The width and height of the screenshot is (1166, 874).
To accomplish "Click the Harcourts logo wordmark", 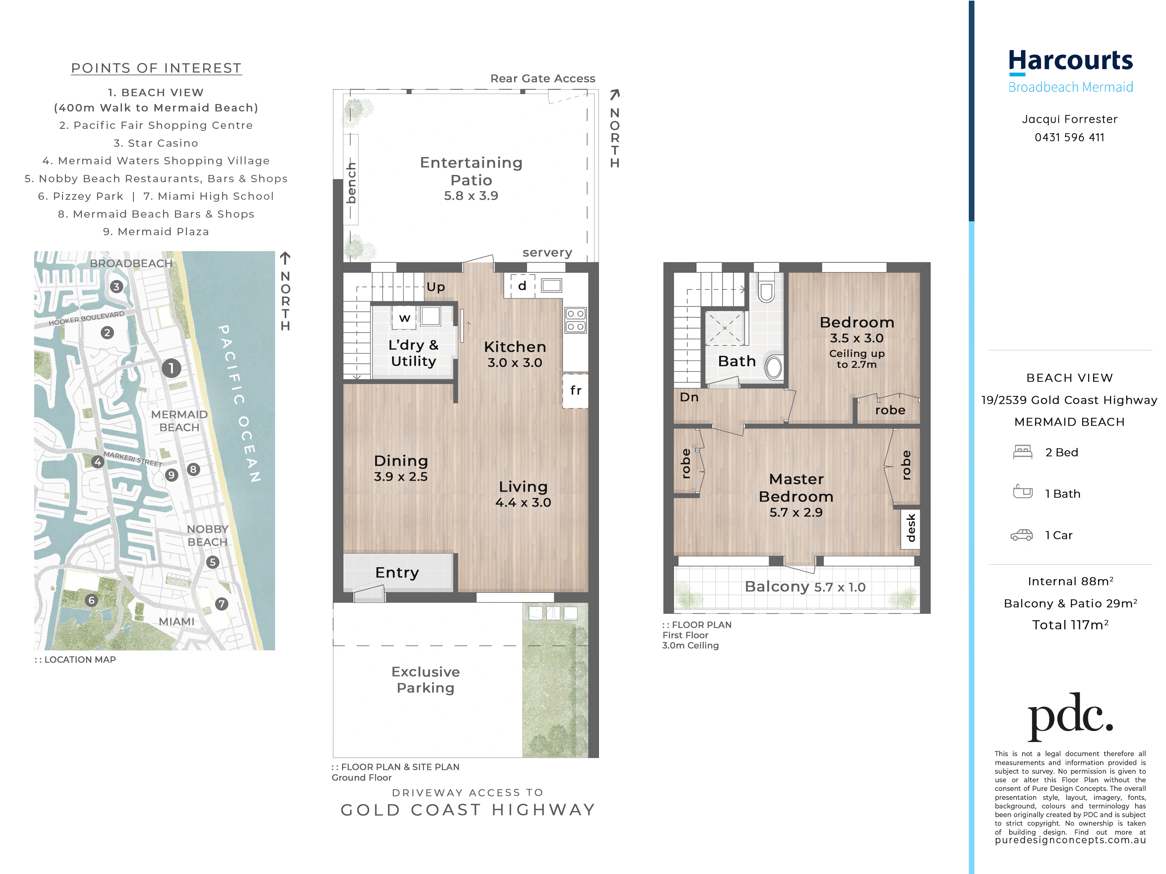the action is (1070, 61).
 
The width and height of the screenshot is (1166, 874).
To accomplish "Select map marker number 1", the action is (171, 368).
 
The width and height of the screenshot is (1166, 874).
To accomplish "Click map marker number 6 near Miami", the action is (92, 600).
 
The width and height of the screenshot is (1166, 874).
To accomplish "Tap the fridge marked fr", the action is (575, 390).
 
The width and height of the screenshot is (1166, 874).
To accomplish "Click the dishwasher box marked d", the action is (522, 286).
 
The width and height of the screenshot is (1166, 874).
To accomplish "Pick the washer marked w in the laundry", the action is (404, 318).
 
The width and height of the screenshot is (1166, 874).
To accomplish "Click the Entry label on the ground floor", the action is (397, 573).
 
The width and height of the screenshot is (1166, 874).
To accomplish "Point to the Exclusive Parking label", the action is (425, 680).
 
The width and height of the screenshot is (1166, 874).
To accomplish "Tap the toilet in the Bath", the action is (773, 367).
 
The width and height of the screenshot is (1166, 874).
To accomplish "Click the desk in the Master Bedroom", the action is (910, 528).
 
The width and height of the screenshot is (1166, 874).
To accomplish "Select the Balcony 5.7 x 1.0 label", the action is (805, 587).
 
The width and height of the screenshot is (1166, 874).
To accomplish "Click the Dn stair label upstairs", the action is (689, 397).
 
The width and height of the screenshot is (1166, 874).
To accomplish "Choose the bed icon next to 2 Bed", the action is (1022, 452).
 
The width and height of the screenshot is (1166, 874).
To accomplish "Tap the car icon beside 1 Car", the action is (1021, 535).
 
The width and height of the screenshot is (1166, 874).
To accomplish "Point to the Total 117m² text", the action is (1070, 625).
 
